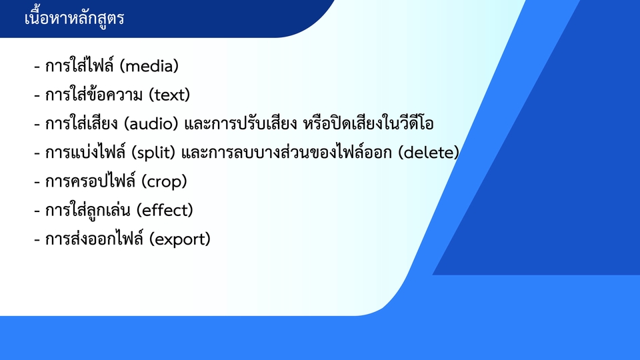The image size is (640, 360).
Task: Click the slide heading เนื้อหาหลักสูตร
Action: (x=74, y=19)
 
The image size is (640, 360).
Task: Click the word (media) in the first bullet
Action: (x=150, y=66)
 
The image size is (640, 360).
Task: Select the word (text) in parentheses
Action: (x=169, y=95)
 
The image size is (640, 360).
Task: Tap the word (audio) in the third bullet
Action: (x=151, y=124)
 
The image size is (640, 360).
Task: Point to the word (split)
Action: (x=153, y=153)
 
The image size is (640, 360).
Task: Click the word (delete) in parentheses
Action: (x=429, y=153)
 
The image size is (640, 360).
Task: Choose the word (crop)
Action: (x=164, y=182)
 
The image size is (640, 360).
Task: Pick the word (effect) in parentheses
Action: (x=165, y=211)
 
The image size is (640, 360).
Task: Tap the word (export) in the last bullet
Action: (x=179, y=239)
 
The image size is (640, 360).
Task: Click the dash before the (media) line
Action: (x=37, y=67)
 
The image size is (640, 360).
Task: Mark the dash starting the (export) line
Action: (x=37, y=239)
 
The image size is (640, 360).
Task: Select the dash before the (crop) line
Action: (x=37, y=182)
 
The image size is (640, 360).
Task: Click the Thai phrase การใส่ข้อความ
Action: (x=94, y=94)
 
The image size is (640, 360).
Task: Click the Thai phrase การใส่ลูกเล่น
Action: (x=88, y=211)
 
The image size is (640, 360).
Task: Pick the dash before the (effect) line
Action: (x=37, y=211)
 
